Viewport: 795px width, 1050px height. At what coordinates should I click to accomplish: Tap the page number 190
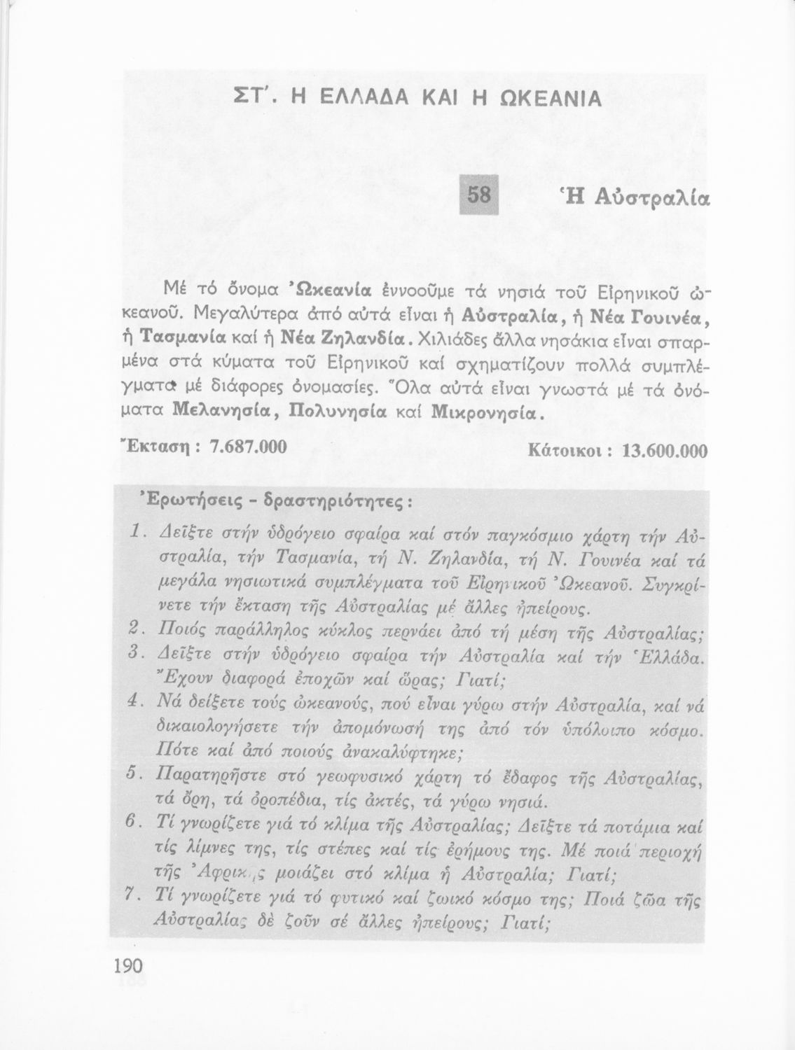[x=127, y=965]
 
